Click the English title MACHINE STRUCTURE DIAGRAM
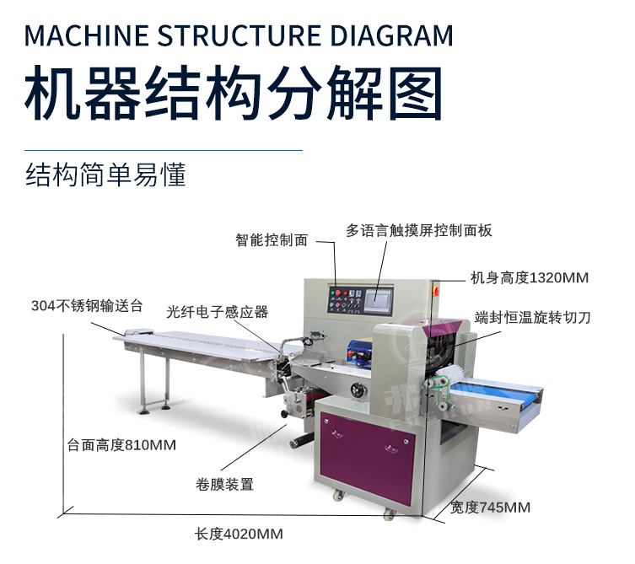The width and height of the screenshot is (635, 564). point(239,35)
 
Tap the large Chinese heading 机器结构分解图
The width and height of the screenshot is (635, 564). point(234,93)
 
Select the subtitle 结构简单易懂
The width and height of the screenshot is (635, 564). point(105,175)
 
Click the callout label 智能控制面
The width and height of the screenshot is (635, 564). point(272,240)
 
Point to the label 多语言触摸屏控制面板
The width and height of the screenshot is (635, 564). point(419,230)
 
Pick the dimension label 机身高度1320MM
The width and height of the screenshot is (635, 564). point(530,277)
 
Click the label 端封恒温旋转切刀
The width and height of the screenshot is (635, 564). point(532,318)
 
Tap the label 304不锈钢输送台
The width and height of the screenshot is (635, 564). point(87,306)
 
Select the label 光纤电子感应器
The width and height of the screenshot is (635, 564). point(218,312)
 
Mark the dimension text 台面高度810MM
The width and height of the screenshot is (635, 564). point(121,445)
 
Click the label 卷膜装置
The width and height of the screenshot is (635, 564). point(224,484)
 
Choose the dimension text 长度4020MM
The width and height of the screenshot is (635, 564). point(239,534)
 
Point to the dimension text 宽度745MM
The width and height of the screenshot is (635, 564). point(491,508)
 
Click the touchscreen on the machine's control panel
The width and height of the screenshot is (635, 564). point(379,300)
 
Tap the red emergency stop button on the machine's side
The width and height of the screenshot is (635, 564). point(436,290)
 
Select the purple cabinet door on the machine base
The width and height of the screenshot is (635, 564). point(368,457)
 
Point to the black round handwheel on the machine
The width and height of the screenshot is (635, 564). point(358,390)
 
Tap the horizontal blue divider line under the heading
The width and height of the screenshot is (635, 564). point(164,150)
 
